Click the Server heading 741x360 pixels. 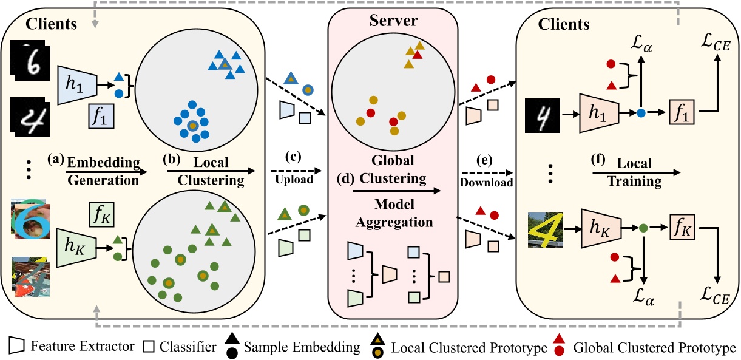click(x=393, y=20)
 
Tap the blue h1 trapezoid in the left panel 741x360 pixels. click(x=78, y=85)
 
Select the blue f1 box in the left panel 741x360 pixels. click(x=101, y=116)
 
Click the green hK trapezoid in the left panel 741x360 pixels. click(x=76, y=248)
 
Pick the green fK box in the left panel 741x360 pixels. click(x=101, y=214)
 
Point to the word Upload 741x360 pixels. click(x=294, y=180)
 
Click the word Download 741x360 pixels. click(x=486, y=182)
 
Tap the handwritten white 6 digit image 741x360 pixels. click(x=30, y=61)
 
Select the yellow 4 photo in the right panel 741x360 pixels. click(x=545, y=230)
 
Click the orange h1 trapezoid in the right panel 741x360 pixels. click(x=599, y=113)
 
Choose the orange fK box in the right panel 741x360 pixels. click(x=682, y=226)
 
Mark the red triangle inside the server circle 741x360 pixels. click(x=418, y=55)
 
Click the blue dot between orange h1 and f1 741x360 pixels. click(x=641, y=113)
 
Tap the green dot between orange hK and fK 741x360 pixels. click(x=643, y=228)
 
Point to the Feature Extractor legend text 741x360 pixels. click(x=83, y=347)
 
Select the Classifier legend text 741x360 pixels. click(x=188, y=347)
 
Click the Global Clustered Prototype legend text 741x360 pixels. click(x=654, y=347)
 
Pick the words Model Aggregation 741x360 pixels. click(x=394, y=213)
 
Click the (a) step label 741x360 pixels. click(x=56, y=159)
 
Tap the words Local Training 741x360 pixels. click(x=634, y=172)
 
